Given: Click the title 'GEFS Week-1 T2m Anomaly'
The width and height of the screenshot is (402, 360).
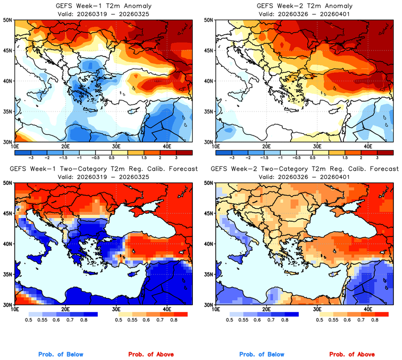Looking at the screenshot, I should tap(103, 5).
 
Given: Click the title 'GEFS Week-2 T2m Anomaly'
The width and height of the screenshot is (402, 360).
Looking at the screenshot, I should tap(304, 5).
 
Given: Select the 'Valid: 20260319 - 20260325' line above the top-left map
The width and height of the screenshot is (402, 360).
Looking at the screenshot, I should tap(103, 13).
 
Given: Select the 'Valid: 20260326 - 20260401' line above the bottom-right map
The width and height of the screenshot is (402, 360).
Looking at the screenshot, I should tap(304, 177).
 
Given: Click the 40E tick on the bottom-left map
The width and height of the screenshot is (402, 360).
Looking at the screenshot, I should tap(167, 309).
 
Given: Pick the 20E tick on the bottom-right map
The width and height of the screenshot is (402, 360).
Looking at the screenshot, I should tap(267, 309).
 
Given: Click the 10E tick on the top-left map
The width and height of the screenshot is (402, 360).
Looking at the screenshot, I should tap(14, 146).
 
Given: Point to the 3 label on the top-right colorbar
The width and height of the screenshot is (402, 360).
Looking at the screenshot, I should tap(376, 156).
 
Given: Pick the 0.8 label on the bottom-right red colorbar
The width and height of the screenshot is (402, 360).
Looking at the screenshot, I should tap(375, 321).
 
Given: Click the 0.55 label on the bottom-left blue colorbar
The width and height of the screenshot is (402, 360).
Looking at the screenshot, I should tap(47, 321).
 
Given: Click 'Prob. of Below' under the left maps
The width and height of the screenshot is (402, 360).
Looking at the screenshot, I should tap(61, 354).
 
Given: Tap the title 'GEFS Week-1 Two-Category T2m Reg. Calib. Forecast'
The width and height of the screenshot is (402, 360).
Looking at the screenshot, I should tap(103, 169).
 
